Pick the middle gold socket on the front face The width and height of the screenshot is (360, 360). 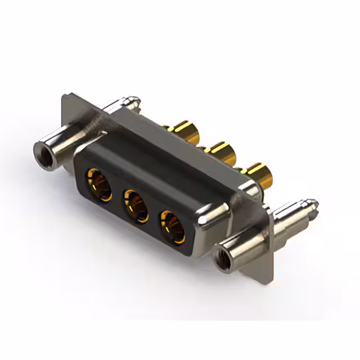pos(134,201)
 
